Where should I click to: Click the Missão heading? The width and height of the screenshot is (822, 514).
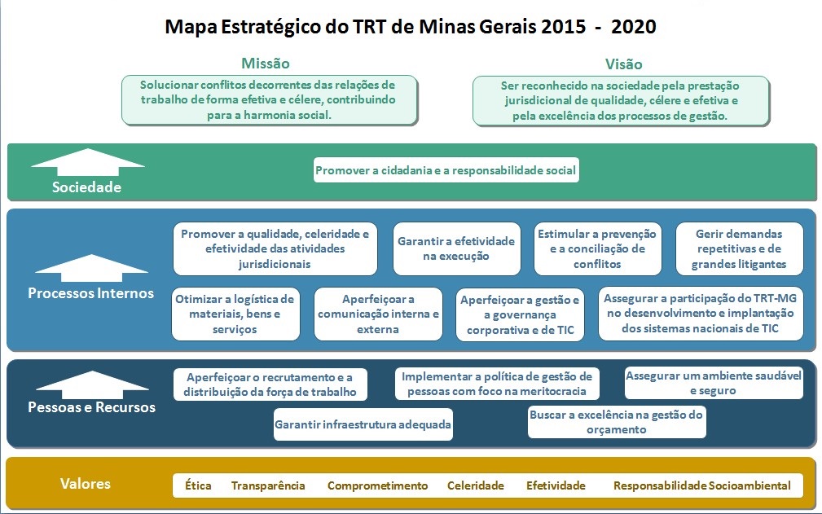point(266,64)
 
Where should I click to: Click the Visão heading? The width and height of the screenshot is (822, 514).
point(623,64)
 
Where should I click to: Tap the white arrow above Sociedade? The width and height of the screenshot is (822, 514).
point(87,162)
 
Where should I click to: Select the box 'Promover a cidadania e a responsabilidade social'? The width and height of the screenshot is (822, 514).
point(446,169)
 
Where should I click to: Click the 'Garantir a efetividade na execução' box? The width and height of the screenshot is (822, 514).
point(456,248)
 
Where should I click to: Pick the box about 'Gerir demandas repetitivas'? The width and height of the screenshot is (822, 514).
point(739,248)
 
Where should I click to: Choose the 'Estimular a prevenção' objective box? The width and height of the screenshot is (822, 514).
point(597,248)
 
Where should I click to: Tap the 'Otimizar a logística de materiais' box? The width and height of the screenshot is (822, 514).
point(235,314)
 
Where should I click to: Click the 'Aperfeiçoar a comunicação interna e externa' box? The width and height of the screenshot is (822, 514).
point(378,314)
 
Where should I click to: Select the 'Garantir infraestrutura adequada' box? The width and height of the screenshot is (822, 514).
point(363,424)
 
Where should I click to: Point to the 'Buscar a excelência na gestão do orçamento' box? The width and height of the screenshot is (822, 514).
point(617,422)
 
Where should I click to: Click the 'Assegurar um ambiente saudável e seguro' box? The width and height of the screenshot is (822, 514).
point(714,383)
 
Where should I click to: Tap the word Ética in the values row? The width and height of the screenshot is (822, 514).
point(198,485)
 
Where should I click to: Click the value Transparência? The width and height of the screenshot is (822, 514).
point(268,485)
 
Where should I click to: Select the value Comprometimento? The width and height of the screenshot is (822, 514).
point(377,485)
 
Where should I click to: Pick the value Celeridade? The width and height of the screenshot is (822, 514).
point(476,485)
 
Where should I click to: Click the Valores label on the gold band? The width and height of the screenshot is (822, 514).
point(86,483)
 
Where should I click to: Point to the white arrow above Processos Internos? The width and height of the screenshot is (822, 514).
point(92,268)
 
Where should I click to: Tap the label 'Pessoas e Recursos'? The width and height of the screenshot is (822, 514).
point(92,407)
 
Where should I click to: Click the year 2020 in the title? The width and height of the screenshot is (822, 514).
point(633,26)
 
